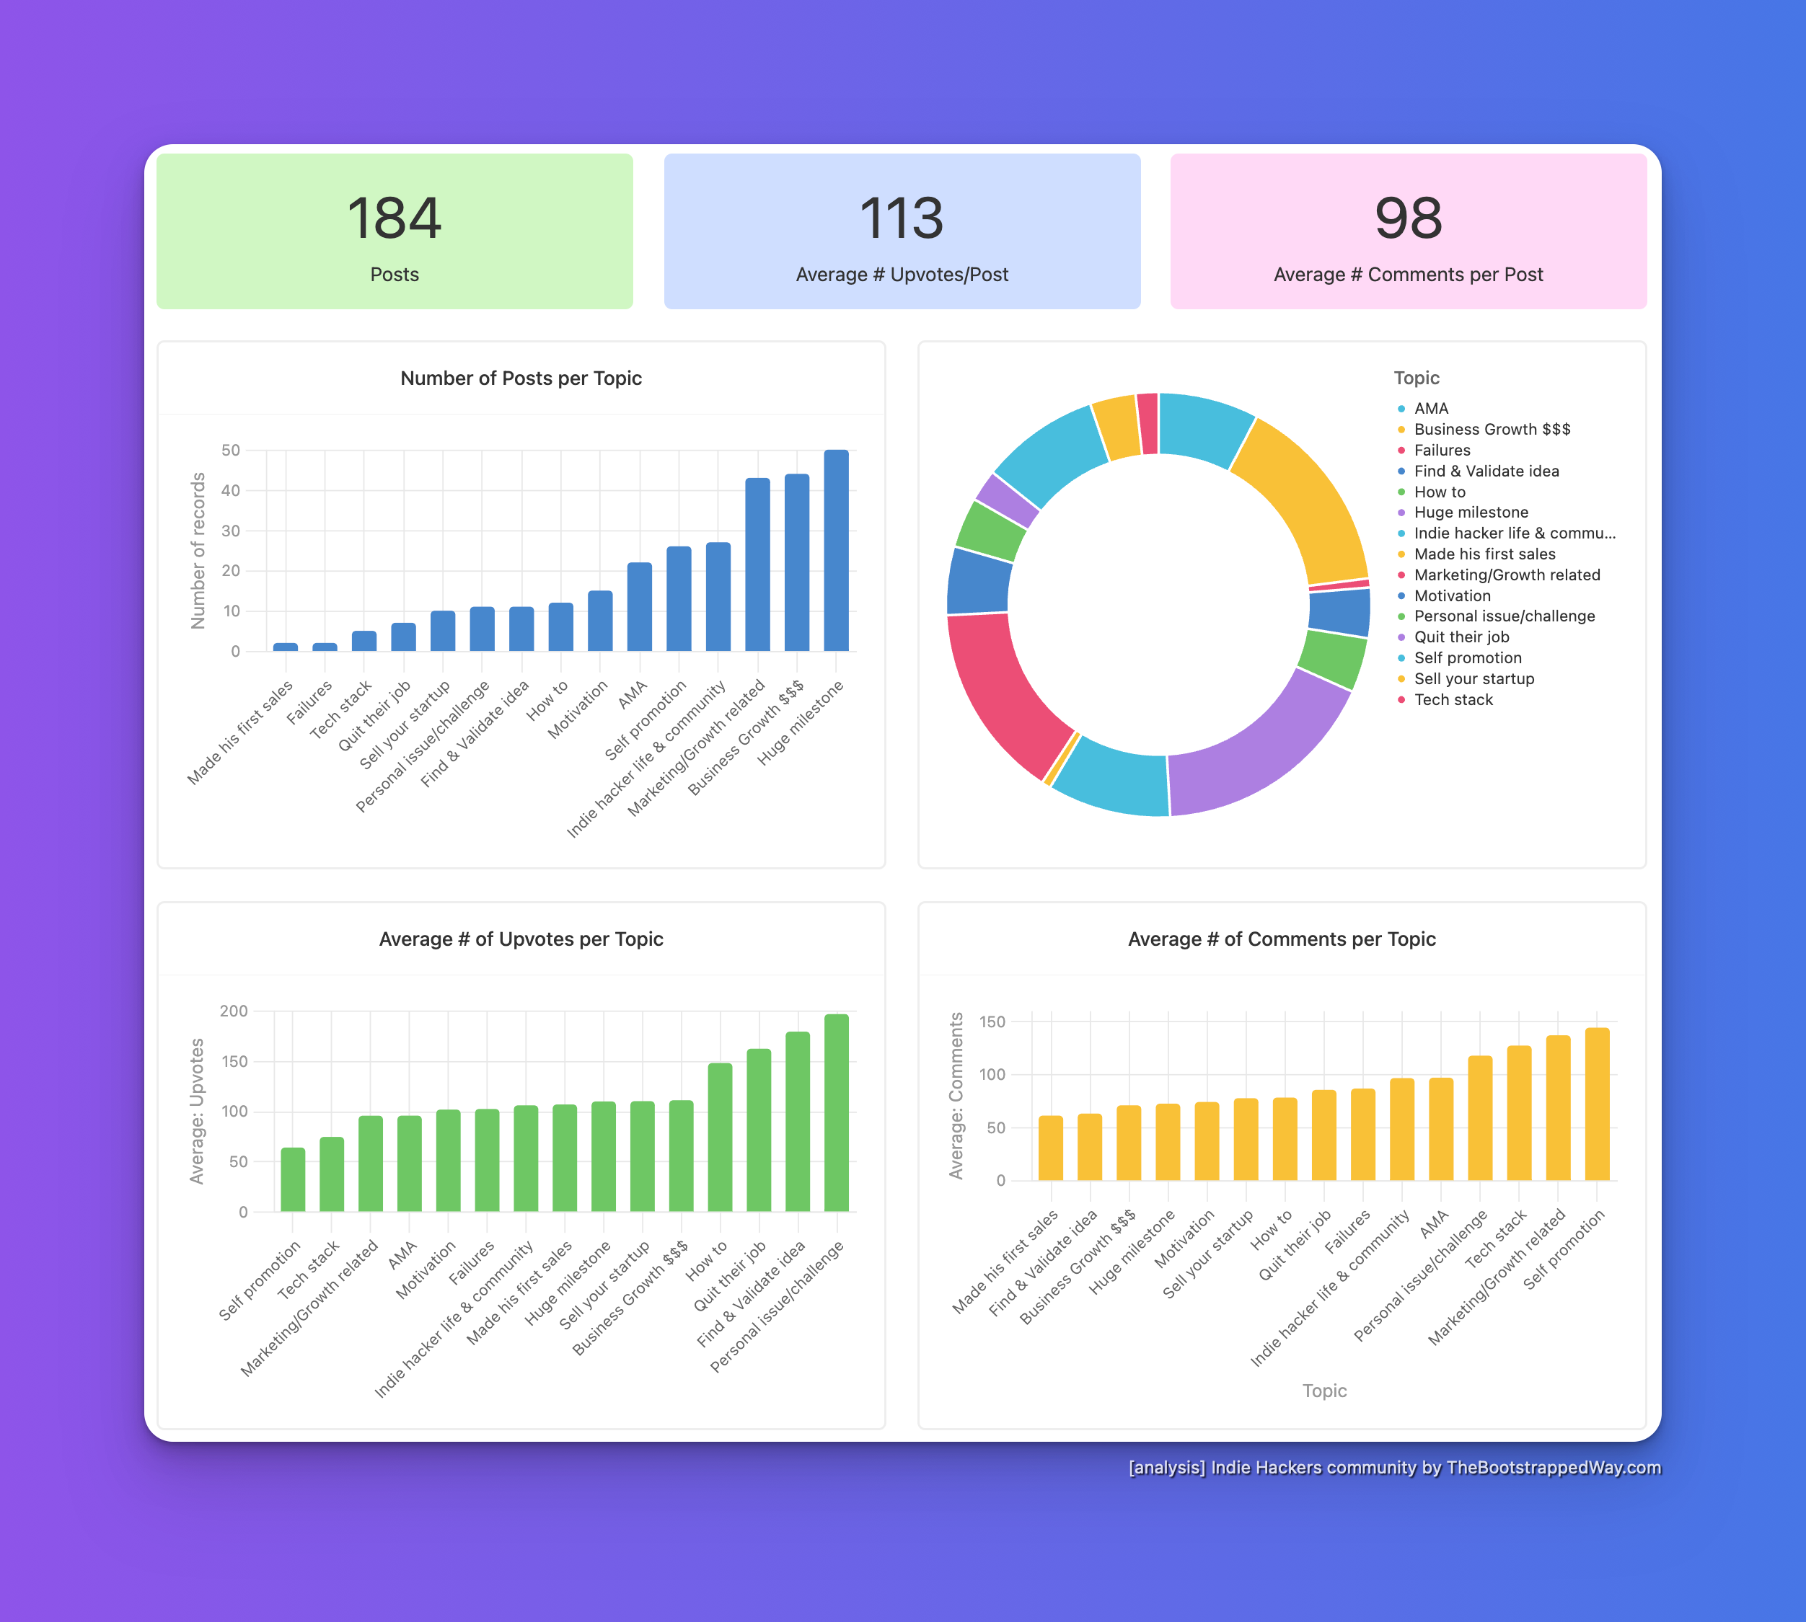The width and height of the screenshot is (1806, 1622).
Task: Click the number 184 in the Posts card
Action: pos(394,218)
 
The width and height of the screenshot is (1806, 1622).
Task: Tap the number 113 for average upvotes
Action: pos(902,218)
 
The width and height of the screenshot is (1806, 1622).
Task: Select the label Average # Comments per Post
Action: pos(1408,275)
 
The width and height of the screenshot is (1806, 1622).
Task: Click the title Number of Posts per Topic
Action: pos(521,378)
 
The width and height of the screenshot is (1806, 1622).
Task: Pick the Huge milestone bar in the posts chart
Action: pos(835,550)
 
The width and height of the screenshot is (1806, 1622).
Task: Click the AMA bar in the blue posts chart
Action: pos(639,606)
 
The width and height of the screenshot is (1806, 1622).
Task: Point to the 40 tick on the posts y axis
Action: pos(230,490)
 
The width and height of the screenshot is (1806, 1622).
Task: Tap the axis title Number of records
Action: pos(198,551)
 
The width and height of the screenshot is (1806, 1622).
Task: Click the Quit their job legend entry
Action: pos(1461,637)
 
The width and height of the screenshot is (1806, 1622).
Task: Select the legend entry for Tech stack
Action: pos(1453,699)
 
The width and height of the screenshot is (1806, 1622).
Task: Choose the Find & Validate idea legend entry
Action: pos(1486,471)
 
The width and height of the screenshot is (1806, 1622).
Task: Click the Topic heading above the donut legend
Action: pos(1417,378)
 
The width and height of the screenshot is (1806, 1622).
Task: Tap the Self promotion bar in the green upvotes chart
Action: pos(292,1179)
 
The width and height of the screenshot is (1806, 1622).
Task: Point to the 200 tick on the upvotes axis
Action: pos(234,1011)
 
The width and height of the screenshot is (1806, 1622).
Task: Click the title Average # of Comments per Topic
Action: pos(1281,939)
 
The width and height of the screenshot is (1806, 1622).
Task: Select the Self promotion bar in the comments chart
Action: pos(1597,1104)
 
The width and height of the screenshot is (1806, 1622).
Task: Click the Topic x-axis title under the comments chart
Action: pos(1323,1391)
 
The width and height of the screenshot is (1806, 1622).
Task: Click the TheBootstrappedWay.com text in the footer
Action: pos(1553,1467)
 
